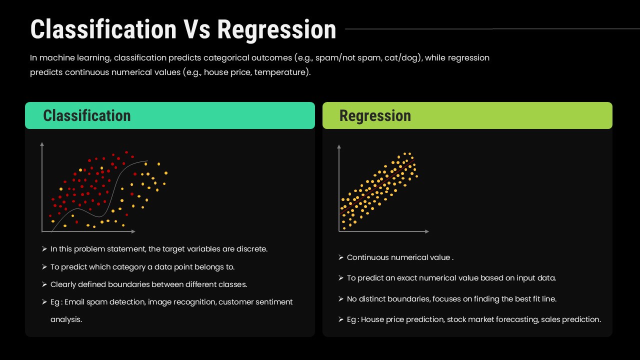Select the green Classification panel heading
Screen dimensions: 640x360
pos(87,115)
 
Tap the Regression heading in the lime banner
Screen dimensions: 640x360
pos(375,115)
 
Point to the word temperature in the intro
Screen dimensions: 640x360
pos(280,72)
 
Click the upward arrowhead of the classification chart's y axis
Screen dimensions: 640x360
pos(42,144)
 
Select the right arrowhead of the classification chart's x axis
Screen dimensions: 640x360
pos(133,231)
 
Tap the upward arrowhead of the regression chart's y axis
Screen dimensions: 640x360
pos(339,147)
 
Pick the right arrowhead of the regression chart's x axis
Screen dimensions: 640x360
pos(427,231)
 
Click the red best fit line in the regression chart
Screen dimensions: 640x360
pos(377,187)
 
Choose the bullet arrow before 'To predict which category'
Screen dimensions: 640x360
pos(44,267)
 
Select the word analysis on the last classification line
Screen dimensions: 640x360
pos(66,319)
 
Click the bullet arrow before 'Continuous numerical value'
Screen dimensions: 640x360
pos(341,257)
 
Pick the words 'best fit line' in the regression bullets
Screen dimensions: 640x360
pos(535,299)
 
